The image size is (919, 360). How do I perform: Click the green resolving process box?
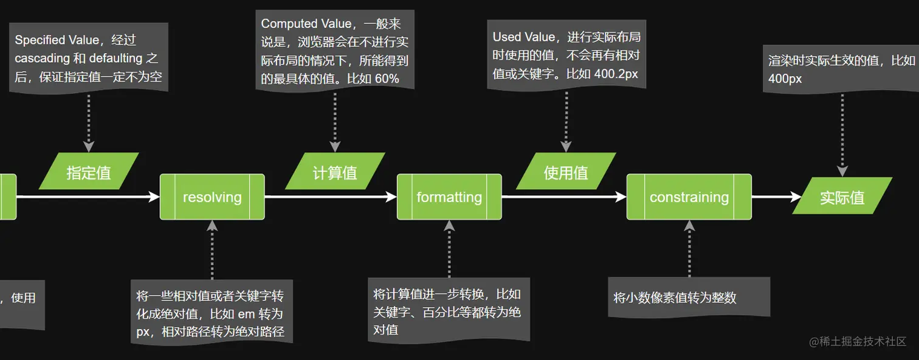pos(212,197)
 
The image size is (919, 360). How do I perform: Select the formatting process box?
pos(449,197)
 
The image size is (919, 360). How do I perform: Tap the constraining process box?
pos(689,197)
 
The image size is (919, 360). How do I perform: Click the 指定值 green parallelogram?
pos(89,171)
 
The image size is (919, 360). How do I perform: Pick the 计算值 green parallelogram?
pos(335,171)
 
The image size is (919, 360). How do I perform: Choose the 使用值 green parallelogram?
pos(566,171)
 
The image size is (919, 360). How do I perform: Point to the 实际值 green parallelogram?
pos(842,196)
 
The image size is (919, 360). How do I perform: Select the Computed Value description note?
pos(335,50)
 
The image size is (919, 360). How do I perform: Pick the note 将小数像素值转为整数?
pos(689,297)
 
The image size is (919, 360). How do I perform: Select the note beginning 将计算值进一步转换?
pos(449,311)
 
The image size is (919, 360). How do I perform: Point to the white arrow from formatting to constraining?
pos(564,197)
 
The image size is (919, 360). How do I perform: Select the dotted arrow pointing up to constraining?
pos(689,249)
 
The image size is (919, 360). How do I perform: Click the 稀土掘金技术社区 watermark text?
pos(858,341)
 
